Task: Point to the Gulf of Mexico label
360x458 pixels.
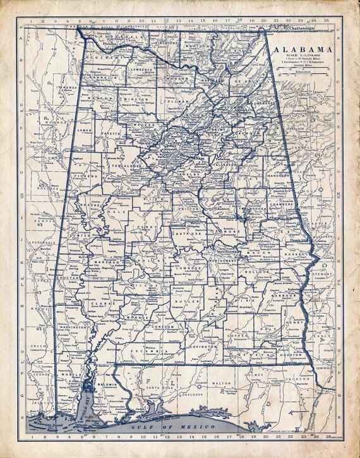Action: pyautogui.click(x=178, y=428)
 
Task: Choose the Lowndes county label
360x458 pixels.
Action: pyautogui.click(x=188, y=268)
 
